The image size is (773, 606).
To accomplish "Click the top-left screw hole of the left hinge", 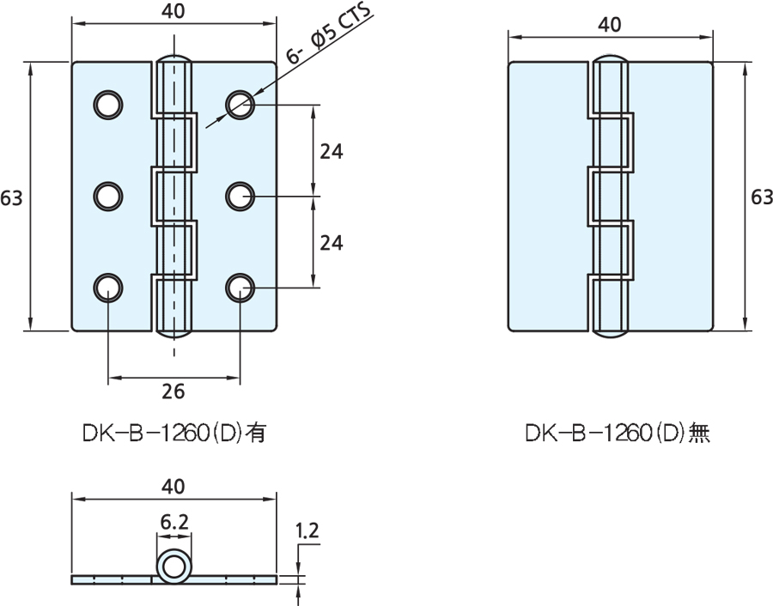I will point(108,104).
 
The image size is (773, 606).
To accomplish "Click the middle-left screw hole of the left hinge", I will point(108,196).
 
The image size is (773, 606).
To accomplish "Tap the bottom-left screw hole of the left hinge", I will point(108,288).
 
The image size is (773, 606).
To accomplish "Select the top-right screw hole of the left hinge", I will point(240,104).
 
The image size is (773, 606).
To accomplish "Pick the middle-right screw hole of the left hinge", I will point(240,196).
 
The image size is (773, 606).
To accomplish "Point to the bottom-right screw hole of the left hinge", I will point(240,288).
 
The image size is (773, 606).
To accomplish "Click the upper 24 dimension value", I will point(332,151).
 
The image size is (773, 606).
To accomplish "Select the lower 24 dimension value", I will point(332,243).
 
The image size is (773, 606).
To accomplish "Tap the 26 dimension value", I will point(173,391).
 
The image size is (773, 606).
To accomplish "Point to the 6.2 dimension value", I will point(173,521).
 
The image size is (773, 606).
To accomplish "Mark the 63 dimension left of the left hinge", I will point(11,197).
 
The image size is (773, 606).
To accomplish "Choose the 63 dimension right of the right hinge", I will point(761,197).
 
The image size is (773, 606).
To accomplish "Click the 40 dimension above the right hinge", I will point(610,25).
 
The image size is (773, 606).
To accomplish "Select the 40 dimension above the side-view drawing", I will point(173,486).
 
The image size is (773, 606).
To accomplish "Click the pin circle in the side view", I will point(173,567).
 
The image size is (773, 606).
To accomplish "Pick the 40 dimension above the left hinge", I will point(173,12).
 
